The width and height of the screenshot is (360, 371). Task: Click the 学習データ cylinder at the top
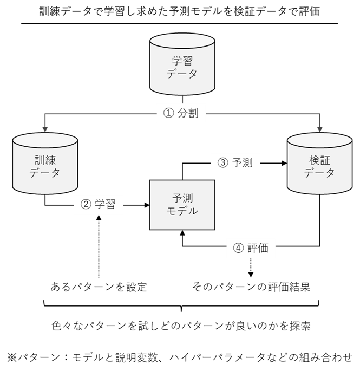pos(182,65)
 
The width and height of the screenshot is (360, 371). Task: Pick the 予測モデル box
pos(182,205)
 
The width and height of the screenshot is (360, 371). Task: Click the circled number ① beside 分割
pos(168,114)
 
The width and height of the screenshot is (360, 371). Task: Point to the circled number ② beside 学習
pos(86,205)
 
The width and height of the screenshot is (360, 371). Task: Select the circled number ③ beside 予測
pos(222,163)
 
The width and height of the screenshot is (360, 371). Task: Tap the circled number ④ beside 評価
pos(238,249)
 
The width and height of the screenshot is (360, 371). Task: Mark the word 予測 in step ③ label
pos(242,163)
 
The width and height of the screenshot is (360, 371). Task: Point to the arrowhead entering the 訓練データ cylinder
pos(45,129)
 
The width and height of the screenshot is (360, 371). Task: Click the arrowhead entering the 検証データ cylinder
pos(319,129)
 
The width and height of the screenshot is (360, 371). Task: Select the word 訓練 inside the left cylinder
pos(45,160)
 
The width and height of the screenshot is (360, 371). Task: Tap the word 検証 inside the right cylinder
pos(319,160)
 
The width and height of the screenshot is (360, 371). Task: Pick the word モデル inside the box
pos(182,211)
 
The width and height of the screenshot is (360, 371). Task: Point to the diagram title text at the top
pos(179,11)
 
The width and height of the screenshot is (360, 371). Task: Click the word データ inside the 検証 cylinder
pos(319,173)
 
